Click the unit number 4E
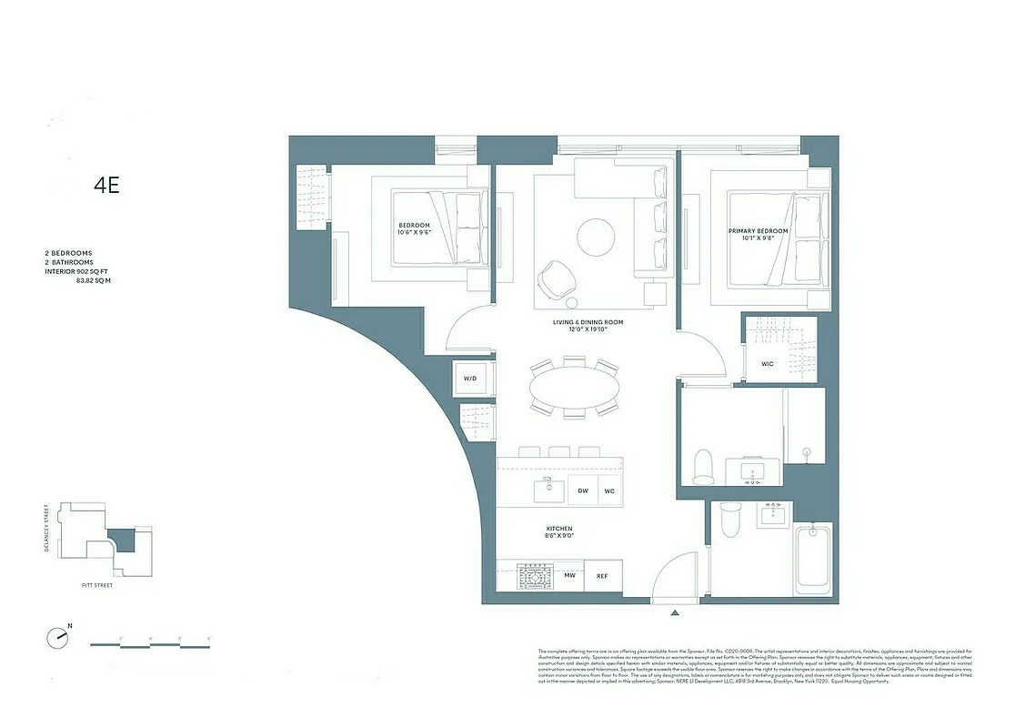pyautogui.click(x=106, y=186)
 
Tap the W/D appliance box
pyautogui.click(x=470, y=378)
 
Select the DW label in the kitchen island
pyautogui.click(x=583, y=490)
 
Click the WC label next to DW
pyautogui.click(x=609, y=490)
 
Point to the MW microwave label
pyautogui.click(x=569, y=575)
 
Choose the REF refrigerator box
pyautogui.click(x=602, y=575)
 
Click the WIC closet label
pyautogui.click(x=767, y=365)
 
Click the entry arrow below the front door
pyautogui.click(x=674, y=613)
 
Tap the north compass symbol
pyautogui.click(x=59, y=636)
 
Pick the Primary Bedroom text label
pyautogui.click(x=758, y=236)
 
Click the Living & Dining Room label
pyautogui.click(x=588, y=326)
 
